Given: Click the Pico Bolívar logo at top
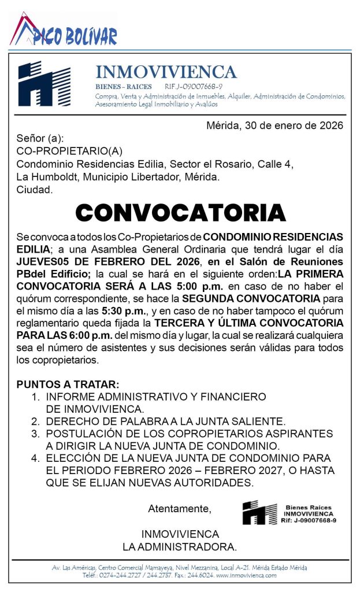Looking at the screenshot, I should (64, 31).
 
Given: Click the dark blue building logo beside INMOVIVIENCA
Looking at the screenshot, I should (44, 83).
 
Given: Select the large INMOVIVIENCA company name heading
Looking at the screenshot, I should (166, 72).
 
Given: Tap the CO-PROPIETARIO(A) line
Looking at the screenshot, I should (69, 151).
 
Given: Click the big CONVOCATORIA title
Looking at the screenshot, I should (180, 213).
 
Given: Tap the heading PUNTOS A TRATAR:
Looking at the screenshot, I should (68, 384).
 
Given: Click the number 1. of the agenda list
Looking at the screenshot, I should (36, 397).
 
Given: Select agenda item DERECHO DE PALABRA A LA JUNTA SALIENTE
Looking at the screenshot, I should (166, 421).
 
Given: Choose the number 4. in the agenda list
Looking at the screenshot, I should (36, 458).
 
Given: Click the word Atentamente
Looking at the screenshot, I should (180, 509).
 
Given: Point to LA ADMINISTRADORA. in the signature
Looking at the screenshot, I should (180, 546).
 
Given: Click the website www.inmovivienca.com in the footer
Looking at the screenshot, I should (246, 575).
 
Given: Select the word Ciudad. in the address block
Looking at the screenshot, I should (35, 189).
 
